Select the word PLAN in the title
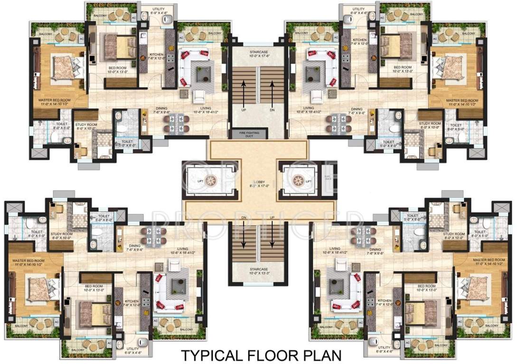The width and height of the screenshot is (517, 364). [x=323, y=355]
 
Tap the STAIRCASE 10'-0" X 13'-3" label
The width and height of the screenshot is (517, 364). [x=259, y=272]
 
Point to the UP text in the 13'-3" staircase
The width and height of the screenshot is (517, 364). [x=272, y=218]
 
